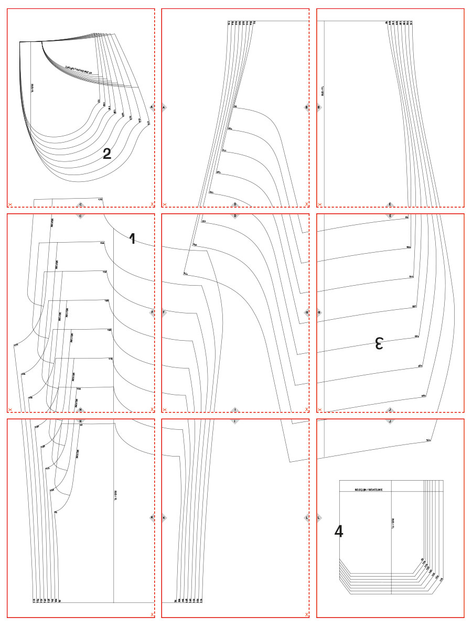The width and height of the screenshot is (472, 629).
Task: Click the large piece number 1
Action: pos(132,239)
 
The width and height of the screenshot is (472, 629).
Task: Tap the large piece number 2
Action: pos(107,154)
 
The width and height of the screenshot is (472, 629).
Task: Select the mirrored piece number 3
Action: pos(379,344)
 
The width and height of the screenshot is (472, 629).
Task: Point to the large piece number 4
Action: pos(339,532)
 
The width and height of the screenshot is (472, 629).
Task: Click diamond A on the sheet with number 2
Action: pos(152,107)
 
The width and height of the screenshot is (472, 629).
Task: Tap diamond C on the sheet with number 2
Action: pos(80,204)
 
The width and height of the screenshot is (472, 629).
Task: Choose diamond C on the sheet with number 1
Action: pos(80,215)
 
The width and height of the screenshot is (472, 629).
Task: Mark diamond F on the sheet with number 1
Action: pos(152,312)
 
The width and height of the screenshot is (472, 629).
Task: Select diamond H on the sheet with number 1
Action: pos(80,409)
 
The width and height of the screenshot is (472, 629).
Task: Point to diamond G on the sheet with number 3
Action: pos(319,312)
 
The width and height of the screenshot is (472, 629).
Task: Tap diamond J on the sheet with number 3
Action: pos(390,409)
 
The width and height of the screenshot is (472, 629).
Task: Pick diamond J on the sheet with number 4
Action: pos(390,421)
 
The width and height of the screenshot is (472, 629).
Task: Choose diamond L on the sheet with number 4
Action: pos(319,518)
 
